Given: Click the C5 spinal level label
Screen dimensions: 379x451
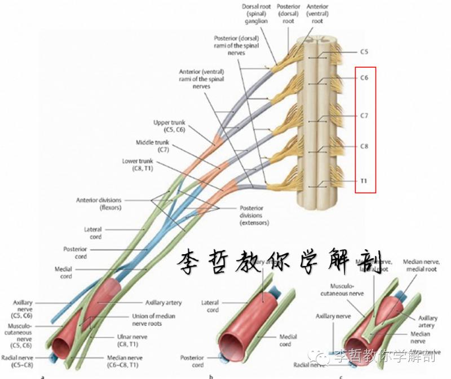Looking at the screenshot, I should [364, 52].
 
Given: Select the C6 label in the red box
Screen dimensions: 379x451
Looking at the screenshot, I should [364, 78].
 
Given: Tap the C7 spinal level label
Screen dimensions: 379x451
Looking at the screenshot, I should [364, 116].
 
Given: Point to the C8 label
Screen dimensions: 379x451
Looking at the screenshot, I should [364, 146].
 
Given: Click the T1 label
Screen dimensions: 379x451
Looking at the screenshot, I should [364, 181].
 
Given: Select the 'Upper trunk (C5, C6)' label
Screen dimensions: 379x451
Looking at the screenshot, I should [169, 125].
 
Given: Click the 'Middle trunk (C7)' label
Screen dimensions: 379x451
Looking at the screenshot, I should [152, 146].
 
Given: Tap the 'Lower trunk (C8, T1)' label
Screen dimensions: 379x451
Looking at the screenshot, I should [138, 164].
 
